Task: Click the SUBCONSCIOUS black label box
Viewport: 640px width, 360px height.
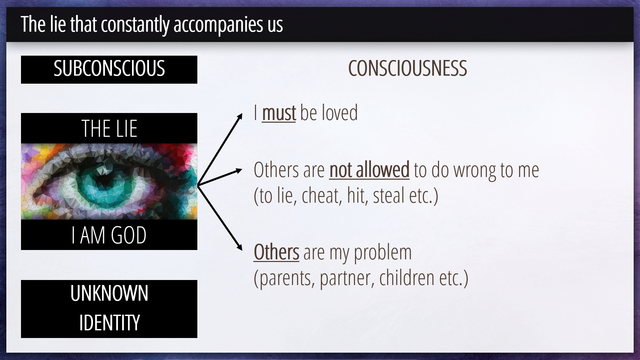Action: (x=109, y=69)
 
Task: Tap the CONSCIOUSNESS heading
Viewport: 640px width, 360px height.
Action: (x=407, y=68)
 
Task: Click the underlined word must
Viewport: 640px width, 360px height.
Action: (x=279, y=113)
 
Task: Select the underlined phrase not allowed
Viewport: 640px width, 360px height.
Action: (x=369, y=170)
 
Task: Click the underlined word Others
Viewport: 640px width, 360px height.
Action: (x=276, y=252)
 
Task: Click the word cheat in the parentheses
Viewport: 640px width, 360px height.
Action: (x=322, y=196)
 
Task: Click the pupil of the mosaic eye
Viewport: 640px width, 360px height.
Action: (x=102, y=180)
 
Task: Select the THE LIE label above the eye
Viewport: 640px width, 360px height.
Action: (x=109, y=129)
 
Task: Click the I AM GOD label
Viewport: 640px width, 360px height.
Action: (x=109, y=235)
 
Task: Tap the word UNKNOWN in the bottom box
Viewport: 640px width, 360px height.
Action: (x=109, y=294)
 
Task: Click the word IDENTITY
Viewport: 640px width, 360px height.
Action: (x=109, y=322)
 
